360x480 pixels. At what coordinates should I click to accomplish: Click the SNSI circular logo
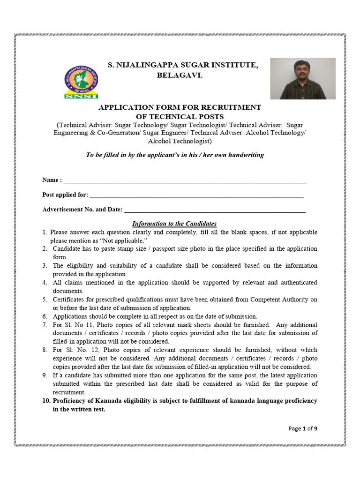click(81, 82)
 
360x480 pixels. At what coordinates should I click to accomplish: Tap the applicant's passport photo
click(303, 78)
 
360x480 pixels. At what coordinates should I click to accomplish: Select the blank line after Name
click(185, 180)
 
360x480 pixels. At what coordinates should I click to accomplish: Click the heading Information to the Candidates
click(174, 224)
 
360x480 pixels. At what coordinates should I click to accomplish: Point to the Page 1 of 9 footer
click(303, 428)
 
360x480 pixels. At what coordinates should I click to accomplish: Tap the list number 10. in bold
click(46, 401)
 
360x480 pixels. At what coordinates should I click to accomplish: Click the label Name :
click(52, 180)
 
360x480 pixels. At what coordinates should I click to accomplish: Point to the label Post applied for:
click(65, 195)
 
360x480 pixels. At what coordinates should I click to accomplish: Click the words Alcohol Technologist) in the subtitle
click(180, 141)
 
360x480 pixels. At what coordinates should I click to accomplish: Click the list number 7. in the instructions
click(45, 325)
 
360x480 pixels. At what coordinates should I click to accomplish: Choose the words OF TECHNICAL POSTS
click(180, 116)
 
